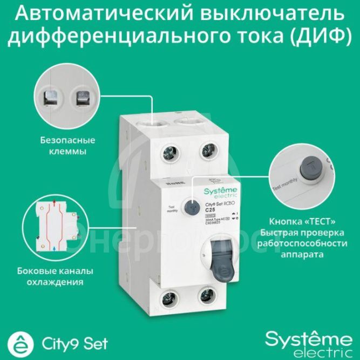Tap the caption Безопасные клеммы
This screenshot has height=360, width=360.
[x=67, y=146]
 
